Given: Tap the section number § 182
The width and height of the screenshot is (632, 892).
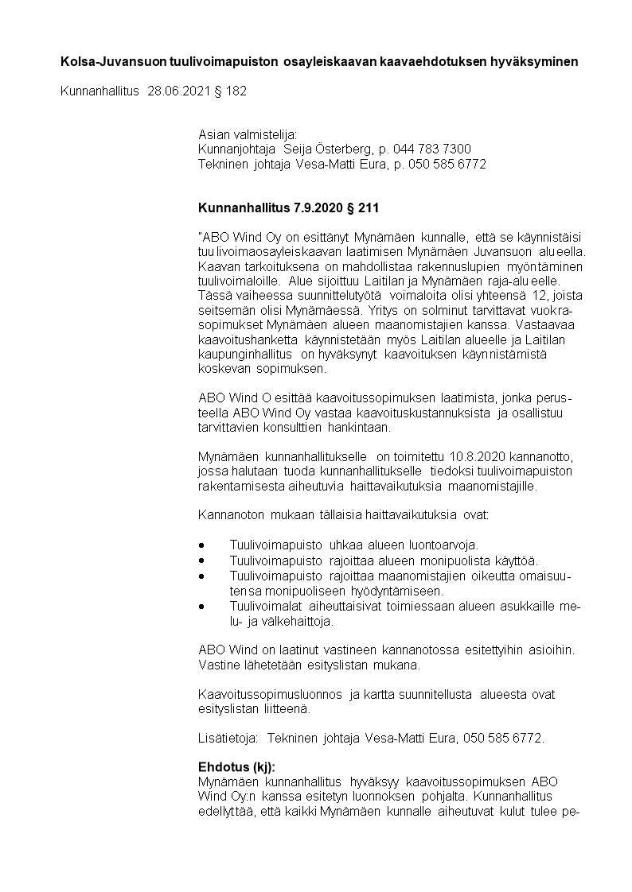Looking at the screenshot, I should (x=232, y=91).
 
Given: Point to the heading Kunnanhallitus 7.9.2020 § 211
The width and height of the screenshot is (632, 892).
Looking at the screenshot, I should (x=288, y=208).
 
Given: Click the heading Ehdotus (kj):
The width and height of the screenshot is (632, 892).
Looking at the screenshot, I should (x=236, y=767).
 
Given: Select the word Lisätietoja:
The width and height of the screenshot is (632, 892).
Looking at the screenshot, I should (x=228, y=738).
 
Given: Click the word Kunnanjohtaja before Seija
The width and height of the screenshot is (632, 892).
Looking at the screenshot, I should (x=232, y=149).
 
